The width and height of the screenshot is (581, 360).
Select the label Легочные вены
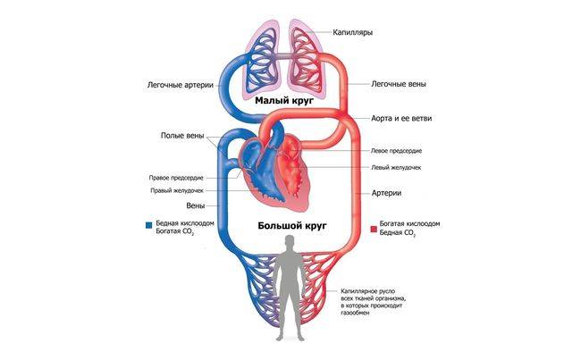click(x=398, y=85)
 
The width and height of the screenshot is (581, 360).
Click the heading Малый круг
click(x=283, y=102)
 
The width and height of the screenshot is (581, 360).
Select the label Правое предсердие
click(x=178, y=176)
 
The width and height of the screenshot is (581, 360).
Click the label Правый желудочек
click(x=179, y=190)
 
